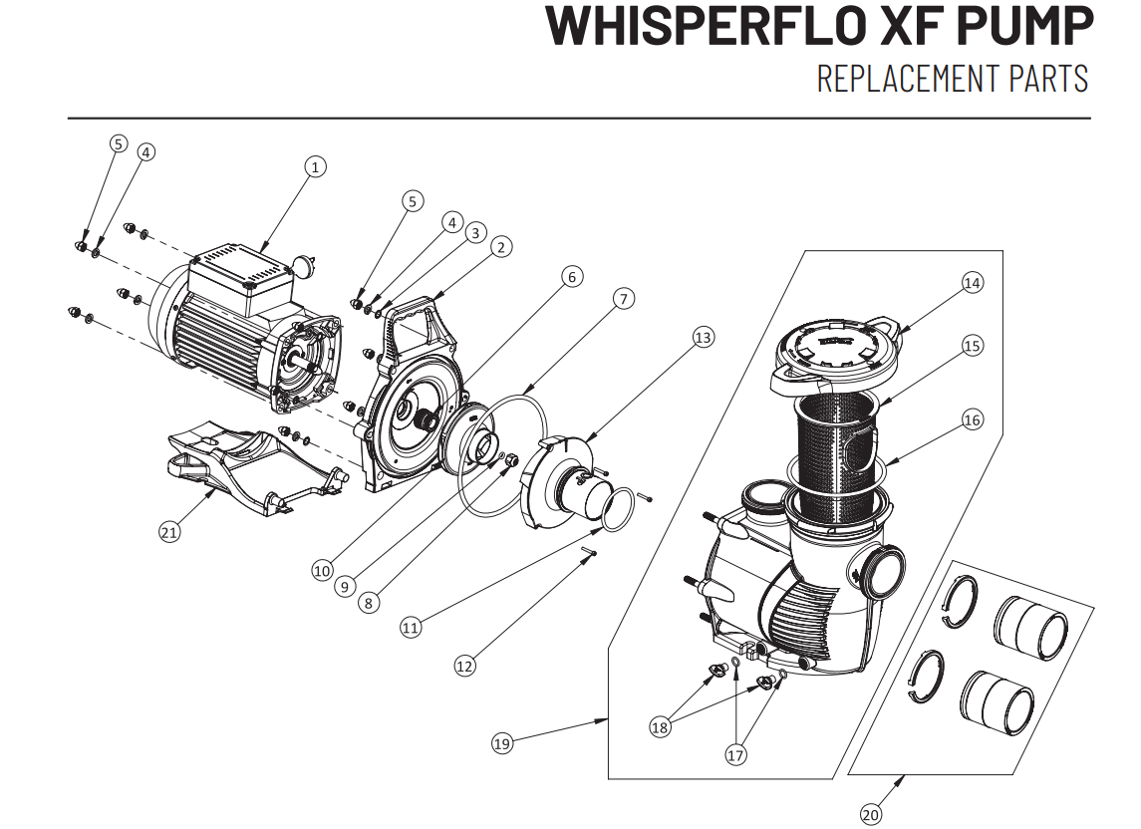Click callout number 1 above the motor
pyautogui.click(x=316, y=167)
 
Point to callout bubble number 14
pyautogui.click(x=972, y=283)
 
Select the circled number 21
pyautogui.click(x=169, y=532)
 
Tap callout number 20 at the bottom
pyautogui.click(x=870, y=815)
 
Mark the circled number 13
pyautogui.click(x=704, y=339)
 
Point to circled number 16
pyautogui.click(x=972, y=419)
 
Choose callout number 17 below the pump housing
pyautogui.click(x=734, y=755)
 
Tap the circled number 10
pyautogui.click(x=321, y=571)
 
